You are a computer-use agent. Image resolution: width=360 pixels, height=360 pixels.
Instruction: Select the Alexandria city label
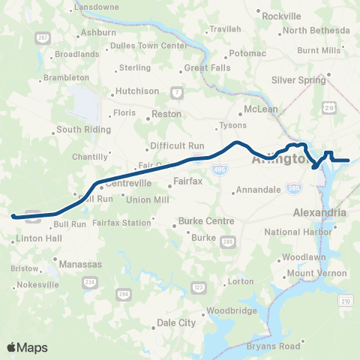point(319,212)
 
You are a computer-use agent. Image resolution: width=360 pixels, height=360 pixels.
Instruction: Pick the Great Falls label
point(205,67)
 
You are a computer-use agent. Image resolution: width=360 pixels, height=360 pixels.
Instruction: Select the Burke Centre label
point(205,221)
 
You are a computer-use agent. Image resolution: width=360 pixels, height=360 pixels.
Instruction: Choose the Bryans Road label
point(274,346)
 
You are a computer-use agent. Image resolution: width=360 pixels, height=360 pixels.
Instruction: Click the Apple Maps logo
point(27,346)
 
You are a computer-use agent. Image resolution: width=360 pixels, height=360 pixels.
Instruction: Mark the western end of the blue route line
point(13,216)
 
